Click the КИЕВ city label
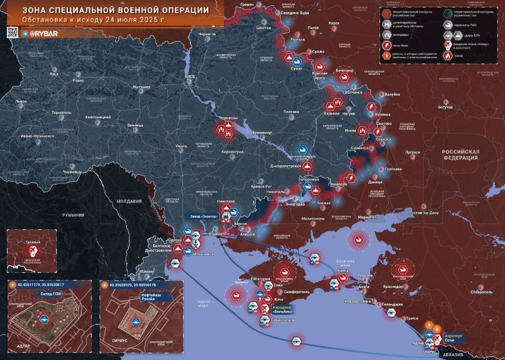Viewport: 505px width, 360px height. coord(190,77)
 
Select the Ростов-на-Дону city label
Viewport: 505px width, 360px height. coord(423,213)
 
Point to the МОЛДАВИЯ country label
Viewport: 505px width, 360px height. coord(129,201)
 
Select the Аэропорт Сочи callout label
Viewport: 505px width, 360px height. coord(453,338)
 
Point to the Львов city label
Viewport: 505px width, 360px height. coord(21,101)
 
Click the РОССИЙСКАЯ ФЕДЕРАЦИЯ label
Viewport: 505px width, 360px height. coord(460,154)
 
